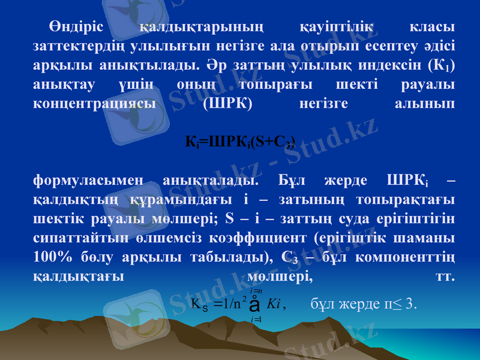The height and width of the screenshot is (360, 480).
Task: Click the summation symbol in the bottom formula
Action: [x=256, y=304]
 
